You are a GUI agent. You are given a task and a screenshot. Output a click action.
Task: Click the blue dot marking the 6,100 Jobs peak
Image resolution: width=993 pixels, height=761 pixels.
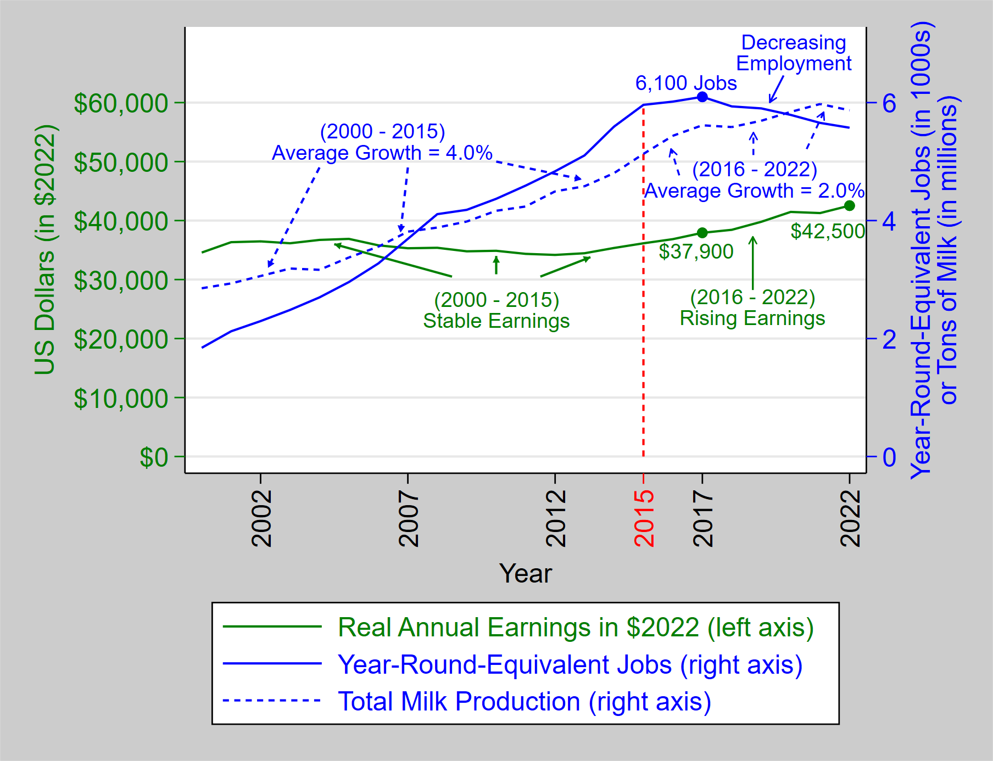[x=702, y=97]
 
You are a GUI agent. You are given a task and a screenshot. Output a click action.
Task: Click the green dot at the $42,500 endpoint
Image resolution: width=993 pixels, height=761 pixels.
[x=849, y=205]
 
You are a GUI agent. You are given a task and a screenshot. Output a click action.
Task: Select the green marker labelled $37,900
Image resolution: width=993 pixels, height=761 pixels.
[x=702, y=233]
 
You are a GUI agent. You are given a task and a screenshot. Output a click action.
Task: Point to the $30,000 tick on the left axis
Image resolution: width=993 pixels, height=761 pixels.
[x=121, y=281]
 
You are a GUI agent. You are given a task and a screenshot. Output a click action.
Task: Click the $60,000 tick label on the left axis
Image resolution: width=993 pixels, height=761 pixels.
[x=121, y=103]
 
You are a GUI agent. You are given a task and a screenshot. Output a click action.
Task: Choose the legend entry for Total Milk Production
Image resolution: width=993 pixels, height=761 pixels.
[x=524, y=702]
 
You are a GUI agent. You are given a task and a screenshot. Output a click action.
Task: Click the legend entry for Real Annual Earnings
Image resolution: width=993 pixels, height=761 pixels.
[x=575, y=627]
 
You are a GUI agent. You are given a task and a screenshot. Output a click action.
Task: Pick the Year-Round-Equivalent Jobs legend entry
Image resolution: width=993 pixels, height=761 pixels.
[x=570, y=664]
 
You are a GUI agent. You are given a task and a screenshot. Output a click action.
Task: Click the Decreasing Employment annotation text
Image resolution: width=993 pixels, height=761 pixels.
[x=793, y=53]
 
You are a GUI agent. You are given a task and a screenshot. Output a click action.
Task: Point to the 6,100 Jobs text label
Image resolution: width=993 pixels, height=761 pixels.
[x=685, y=83]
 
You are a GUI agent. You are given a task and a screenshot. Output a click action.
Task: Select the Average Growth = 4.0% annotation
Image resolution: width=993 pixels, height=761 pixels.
[x=382, y=153]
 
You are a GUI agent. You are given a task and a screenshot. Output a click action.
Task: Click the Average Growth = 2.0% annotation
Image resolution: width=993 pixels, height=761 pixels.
[x=754, y=191]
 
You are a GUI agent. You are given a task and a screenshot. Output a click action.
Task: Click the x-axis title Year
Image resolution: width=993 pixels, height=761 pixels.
[x=525, y=574]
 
